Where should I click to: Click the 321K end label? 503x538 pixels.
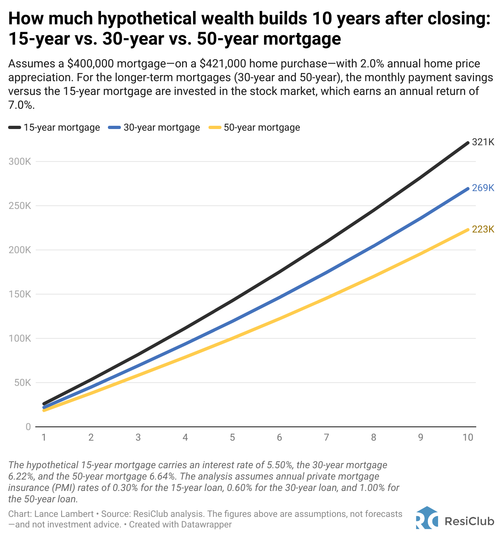(x=483, y=142)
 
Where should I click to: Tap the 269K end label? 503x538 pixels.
(x=483, y=188)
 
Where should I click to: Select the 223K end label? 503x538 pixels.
(x=483, y=229)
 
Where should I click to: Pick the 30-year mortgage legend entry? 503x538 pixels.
(x=154, y=127)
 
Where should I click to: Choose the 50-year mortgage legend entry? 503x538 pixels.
(x=254, y=127)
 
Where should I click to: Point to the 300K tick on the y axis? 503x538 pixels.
(x=19, y=161)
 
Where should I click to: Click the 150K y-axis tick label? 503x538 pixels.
(x=19, y=294)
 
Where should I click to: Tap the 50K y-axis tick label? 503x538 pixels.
(x=22, y=383)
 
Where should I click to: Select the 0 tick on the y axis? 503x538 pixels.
(x=28, y=427)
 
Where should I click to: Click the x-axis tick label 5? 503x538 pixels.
(x=232, y=437)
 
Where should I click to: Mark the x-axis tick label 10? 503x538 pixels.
(x=468, y=437)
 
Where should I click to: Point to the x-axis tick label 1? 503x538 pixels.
(x=44, y=437)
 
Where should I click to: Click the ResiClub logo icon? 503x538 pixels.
(x=427, y=518)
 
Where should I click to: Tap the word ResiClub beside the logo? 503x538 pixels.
(x=469, y=521)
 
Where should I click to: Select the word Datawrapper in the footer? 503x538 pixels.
(x=206, y=524)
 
